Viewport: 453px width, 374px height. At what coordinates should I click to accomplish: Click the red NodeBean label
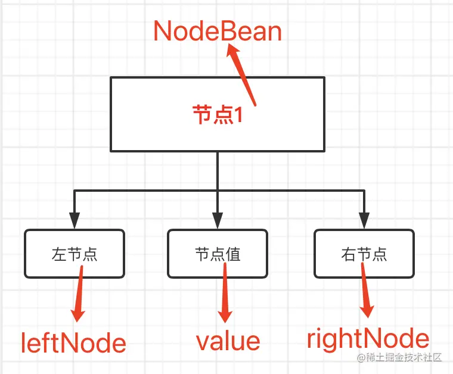point(218,31)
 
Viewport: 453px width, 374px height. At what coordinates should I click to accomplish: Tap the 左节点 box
point(75,254)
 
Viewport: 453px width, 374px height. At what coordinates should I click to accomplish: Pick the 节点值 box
point(218,254)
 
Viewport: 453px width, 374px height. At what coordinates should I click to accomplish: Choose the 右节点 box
point(364,254)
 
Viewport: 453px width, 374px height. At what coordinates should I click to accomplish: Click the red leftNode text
point(73,344)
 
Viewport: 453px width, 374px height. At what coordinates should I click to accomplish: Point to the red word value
point(228,341)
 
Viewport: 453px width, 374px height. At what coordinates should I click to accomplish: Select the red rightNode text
point(368,338)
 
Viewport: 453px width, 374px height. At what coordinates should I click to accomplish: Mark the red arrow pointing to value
point(225,295)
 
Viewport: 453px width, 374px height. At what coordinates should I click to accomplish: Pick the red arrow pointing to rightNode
point(365,292)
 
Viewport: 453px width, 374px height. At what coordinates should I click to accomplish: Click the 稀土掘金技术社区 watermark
point(399,358)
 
